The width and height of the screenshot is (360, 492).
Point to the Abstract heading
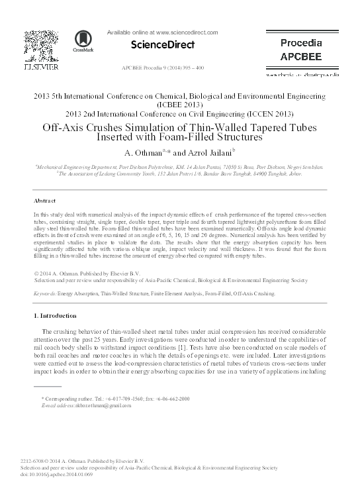tap(45, 199)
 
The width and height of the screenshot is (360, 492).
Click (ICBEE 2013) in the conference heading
tap(179, 105)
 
